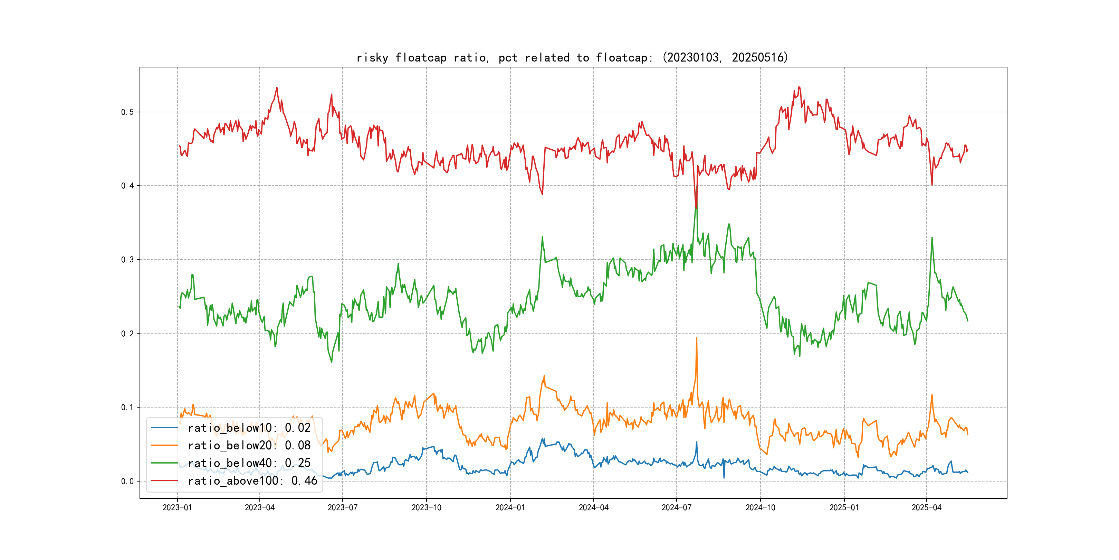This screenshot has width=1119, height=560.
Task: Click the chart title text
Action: (x=572, y=57)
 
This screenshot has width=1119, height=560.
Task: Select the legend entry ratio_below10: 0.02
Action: (x=249, y=428)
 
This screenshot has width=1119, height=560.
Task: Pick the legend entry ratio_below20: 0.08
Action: (x=249, y=445)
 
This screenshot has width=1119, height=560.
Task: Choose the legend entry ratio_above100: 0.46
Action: (x=252, y=480)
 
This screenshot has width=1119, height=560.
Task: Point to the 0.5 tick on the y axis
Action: (x=127, y=112)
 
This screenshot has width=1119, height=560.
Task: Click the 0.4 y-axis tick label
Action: (x=127, y=186)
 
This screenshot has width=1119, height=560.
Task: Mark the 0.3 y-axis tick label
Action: (x=127, y=260)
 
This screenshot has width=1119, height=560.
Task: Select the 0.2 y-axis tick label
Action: (x=127, y=334)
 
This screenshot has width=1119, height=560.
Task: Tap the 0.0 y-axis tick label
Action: (x=127, y=481)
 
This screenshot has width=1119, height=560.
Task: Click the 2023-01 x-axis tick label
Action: (x=177, y=508)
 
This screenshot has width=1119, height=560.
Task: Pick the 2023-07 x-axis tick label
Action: (x=342, y=508)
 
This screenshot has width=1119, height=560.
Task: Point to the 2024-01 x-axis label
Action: (x=510, y=508)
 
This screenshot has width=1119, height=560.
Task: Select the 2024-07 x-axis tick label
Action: (x=676, y=508)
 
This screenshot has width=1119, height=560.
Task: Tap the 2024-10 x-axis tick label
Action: (x=760, y=508)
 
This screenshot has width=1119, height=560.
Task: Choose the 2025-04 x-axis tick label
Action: (x=927, y=508)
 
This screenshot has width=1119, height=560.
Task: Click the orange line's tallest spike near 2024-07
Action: (x=697, y=338)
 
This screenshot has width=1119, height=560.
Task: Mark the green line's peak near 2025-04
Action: (x=932, y=238)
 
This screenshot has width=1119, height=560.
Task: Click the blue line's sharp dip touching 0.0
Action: (x=724, y=478)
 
